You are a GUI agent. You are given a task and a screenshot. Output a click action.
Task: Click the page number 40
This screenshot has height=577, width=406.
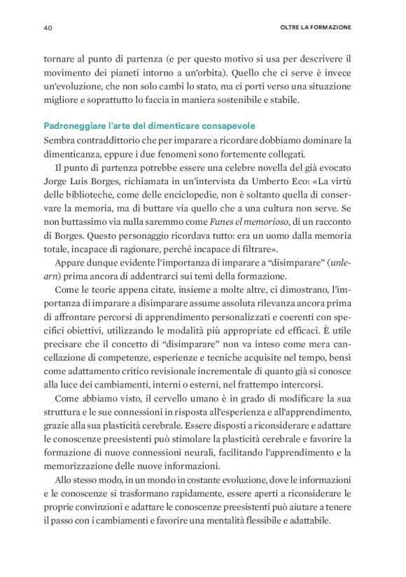pos(48,28)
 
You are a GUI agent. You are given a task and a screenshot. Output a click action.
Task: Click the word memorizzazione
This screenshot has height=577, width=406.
pos(85,466)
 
